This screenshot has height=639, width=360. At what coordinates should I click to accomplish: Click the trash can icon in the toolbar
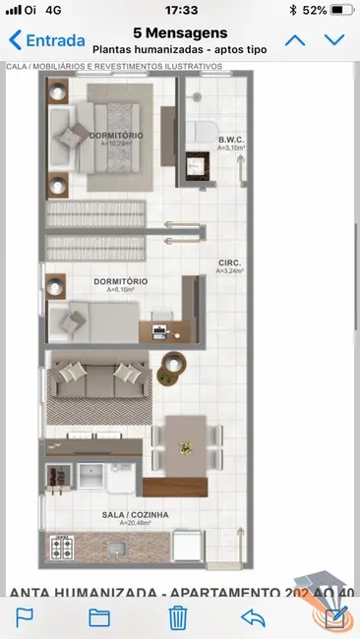178,617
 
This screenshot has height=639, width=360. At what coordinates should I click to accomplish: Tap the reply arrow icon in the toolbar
254,617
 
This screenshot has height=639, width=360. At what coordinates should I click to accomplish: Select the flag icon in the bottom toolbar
25,617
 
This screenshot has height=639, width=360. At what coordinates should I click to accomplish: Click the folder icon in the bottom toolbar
98,617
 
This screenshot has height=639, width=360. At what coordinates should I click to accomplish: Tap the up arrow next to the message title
295,40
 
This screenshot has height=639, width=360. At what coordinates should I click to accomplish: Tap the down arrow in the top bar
335,40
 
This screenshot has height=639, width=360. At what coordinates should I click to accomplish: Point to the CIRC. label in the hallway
230,264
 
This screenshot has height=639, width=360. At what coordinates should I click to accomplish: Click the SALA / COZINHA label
135,515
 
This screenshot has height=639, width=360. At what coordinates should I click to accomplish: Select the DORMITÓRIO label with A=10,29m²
115,137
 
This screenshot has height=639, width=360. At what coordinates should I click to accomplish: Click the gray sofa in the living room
97,385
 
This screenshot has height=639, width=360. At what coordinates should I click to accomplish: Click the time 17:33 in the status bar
181,10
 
